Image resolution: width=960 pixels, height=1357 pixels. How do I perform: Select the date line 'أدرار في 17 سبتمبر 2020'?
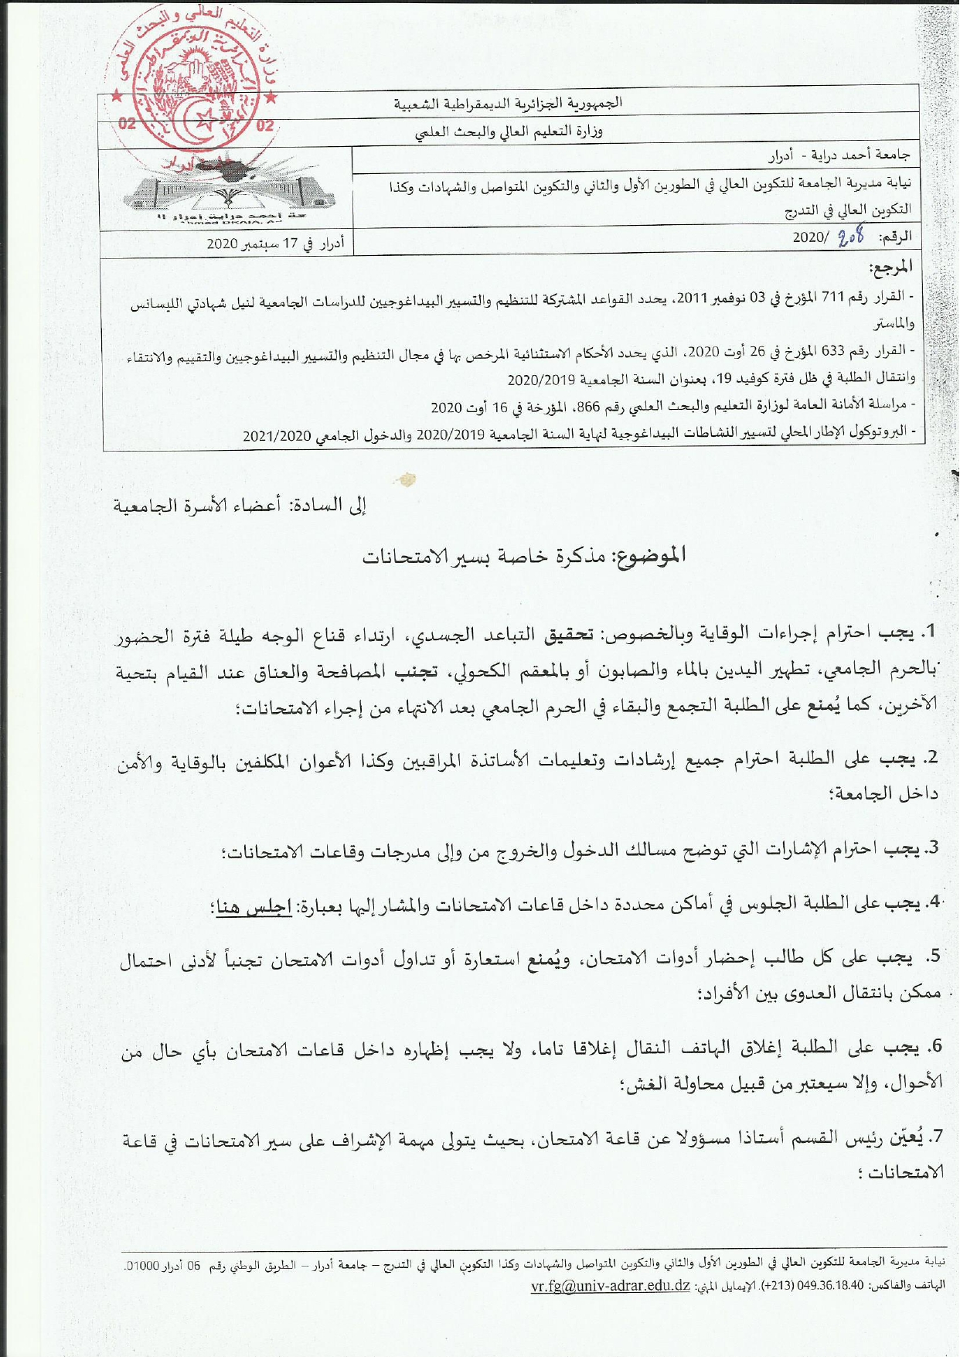(x=274, y=244)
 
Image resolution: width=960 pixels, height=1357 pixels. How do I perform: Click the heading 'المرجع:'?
(x=890, y=268)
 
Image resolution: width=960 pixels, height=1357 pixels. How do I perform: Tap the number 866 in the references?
(x=589, y=405)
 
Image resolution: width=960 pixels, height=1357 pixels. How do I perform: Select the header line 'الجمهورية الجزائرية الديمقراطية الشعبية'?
(x=508, y=104)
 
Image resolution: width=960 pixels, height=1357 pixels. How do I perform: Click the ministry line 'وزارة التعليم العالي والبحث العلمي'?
(x=508, y=131)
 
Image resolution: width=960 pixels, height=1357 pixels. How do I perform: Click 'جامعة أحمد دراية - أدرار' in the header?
(x=839, y=155)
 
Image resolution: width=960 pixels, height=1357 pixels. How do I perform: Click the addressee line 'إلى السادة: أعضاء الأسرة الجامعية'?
(x=240, y=506)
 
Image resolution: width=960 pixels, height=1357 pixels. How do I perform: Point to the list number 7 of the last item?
(x=937, y=1135)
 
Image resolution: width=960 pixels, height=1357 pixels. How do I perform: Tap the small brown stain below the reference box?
(x=407, y=479)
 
